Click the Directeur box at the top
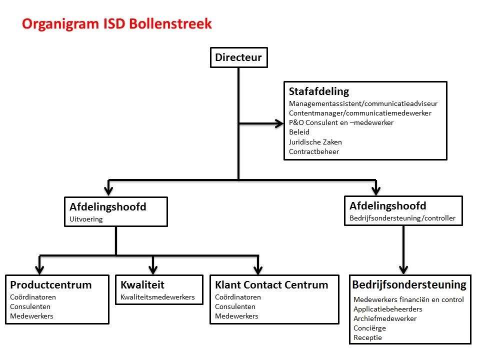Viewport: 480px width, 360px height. click(x=239, y=57)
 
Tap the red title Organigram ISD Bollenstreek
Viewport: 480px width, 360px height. click(x=116, y=24)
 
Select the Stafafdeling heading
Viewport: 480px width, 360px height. click(x=319, y=91)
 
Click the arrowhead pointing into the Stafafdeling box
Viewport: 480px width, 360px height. click(x=279, y=123)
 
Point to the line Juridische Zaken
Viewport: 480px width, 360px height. click(x=315, y=142)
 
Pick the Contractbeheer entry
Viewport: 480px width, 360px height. click(x=314, y=151)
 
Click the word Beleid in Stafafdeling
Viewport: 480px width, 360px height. click(x=299, y=132)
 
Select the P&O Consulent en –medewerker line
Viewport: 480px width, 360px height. click(x=341, y=123)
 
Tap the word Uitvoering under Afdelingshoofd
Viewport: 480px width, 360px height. click(x=86, y=219)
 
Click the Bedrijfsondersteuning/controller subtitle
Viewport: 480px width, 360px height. click(x=402, y=218)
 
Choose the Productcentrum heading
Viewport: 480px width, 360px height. click(x=51, y=285)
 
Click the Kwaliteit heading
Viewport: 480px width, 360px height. click(x=142, y=285)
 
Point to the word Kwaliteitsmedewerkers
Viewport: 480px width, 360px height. click(x=157, y=297)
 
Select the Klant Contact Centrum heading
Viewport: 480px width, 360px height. click(x=271, y=285)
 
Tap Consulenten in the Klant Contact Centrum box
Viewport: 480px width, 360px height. click(x=235, y=306)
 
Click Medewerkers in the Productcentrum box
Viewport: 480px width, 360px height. click(x=31, y=316)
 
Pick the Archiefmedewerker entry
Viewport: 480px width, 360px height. click(x=385, y=318)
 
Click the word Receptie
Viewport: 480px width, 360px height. click(x=367, y=337)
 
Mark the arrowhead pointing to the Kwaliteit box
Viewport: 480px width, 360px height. click(x=153, y=270)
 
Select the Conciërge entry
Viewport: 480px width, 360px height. click(x=369, y=328)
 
